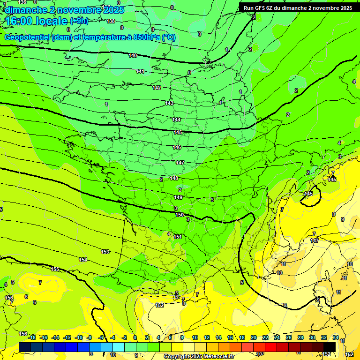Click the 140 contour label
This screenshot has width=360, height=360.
133,56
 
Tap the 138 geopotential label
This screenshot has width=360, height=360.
111,22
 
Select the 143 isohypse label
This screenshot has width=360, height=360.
169,103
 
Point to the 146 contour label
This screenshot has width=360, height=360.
177,148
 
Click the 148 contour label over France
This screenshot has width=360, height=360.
174,179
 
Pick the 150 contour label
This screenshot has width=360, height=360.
180,215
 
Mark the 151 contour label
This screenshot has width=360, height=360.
178,237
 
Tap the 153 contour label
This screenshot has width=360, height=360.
105,252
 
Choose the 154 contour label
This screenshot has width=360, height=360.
83,260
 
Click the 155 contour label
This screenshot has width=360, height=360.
55,270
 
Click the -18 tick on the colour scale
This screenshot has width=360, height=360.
32,338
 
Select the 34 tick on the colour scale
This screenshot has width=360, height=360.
336,338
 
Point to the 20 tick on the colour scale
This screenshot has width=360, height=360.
254,338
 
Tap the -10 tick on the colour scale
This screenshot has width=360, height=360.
79,338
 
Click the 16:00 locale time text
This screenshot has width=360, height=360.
37,21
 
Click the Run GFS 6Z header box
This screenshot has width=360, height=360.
298,8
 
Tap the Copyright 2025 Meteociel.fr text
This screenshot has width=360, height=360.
199,357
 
